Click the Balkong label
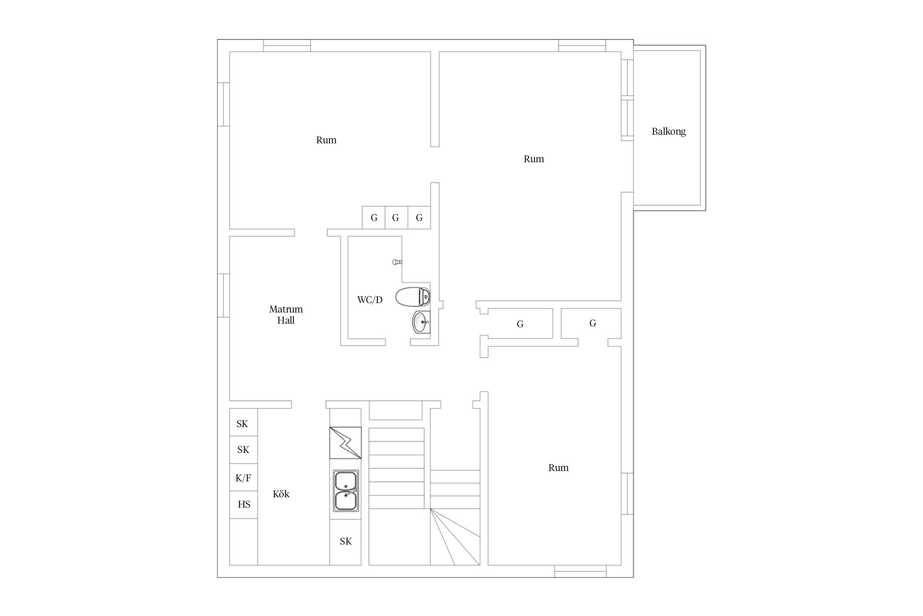click(x=669, y=131)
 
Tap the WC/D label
click(x=370, y=300)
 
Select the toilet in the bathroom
click(x=413, y=297)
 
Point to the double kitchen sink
click(x=345, y=491)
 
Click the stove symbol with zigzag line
click(x=345, y=443)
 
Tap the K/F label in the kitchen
click(x=243, y=478)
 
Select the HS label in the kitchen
click(x=244, y=504)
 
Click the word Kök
click(x=281, y=494)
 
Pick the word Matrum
click(x=286, y=309)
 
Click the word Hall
click(x=286, y=320)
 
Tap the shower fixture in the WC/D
click(x=397, y=262)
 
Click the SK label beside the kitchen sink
click(x=346, y=541)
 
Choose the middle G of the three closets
click(x=395, y=218)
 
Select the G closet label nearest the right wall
click(x=593, y=323)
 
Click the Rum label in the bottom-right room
click(x=558, y=468)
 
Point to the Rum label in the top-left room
click(x=326, y=140)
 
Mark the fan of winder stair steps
click(x=455, y=537)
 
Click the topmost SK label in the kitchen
click(x=242, y=424)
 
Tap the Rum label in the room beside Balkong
click(x=534, y=159)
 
